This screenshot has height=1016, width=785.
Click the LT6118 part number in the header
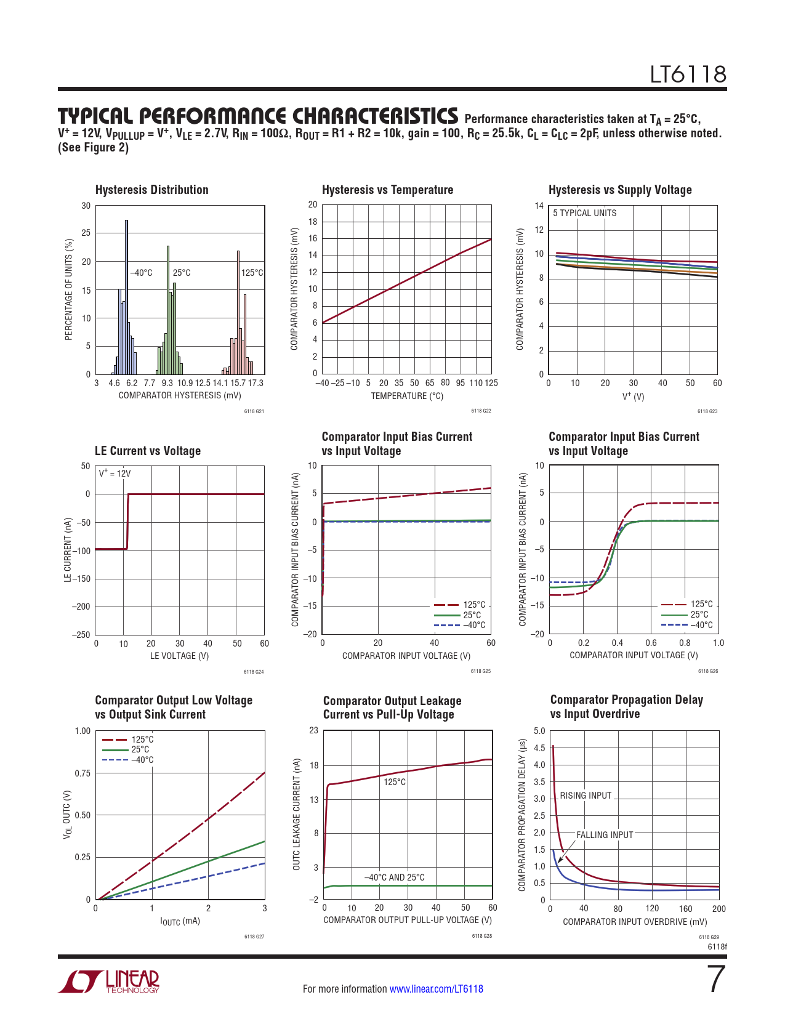688,75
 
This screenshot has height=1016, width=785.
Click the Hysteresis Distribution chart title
151,190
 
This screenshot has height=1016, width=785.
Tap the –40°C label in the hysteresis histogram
141,273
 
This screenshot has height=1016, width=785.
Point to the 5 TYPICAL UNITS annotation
584,213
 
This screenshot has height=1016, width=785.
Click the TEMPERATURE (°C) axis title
407,396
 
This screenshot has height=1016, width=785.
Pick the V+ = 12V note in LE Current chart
115,474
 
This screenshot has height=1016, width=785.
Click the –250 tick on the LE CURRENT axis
81,635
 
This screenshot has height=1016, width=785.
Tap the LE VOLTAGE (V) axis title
179,656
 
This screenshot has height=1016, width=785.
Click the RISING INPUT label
586,796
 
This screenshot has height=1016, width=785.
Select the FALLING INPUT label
605,835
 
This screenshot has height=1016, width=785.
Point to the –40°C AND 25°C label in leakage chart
395,877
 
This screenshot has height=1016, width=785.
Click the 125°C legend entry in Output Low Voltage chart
142,740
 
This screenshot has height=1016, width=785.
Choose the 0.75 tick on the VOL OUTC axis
83,773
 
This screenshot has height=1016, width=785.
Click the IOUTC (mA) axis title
180,921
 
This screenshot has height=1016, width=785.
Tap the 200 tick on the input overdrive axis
719,909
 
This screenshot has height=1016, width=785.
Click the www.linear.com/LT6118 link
436,989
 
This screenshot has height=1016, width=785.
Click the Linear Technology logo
109,982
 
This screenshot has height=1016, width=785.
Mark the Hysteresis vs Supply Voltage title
620,190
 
